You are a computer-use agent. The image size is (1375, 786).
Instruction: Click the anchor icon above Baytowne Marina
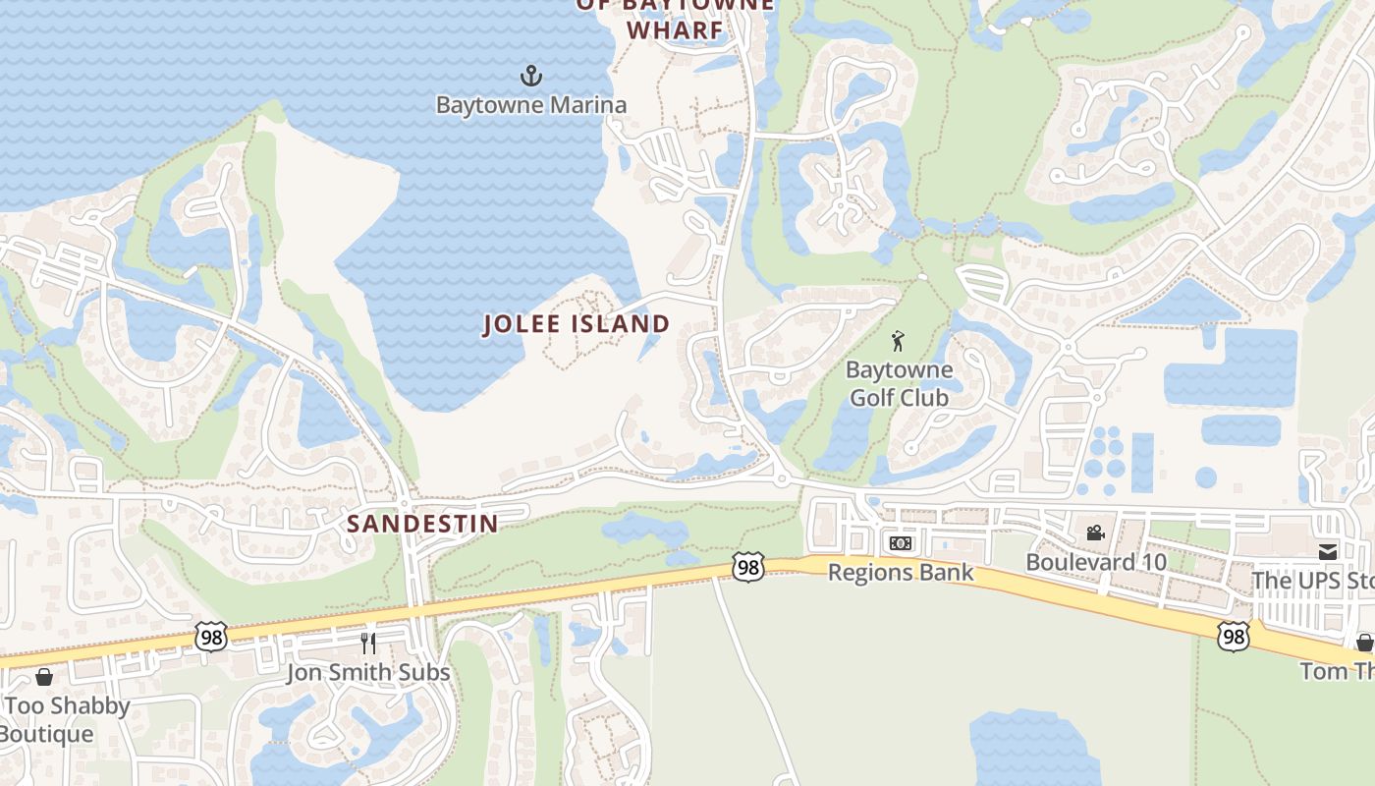pos(530,76)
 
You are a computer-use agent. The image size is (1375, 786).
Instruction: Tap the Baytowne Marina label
pos(530,104)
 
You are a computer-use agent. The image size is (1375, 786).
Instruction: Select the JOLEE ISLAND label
pos(577,324)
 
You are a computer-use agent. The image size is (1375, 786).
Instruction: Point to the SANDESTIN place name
pos(423,524)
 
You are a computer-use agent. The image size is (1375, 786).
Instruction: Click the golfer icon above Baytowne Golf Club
pos(898,342)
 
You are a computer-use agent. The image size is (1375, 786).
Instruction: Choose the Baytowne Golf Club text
pos(899,384)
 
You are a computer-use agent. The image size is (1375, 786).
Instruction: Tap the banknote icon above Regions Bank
pos(900,543)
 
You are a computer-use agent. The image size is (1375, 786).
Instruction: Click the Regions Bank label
pos(901,572)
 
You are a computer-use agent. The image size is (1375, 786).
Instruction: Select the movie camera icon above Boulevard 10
pos(1095,533)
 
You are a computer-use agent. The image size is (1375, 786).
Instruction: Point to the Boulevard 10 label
pos(1096,562)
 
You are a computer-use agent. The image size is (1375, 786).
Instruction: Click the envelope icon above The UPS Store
pos(1328,552)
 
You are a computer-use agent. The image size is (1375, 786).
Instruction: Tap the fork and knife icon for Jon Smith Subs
pos(368,644)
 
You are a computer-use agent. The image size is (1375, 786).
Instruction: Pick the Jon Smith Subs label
pos(368,673)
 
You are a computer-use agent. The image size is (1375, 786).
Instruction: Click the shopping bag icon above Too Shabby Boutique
pos(43,677)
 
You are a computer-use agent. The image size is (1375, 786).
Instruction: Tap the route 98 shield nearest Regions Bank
pos(747,567)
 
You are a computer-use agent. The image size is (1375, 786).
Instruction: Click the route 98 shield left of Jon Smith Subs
pos(211,637)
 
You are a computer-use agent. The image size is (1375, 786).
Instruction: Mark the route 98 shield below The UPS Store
pos(1233,636)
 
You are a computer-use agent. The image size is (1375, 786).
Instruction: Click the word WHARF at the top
pos(675,30)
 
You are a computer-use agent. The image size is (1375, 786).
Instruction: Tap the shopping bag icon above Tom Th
pos(1364,643)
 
